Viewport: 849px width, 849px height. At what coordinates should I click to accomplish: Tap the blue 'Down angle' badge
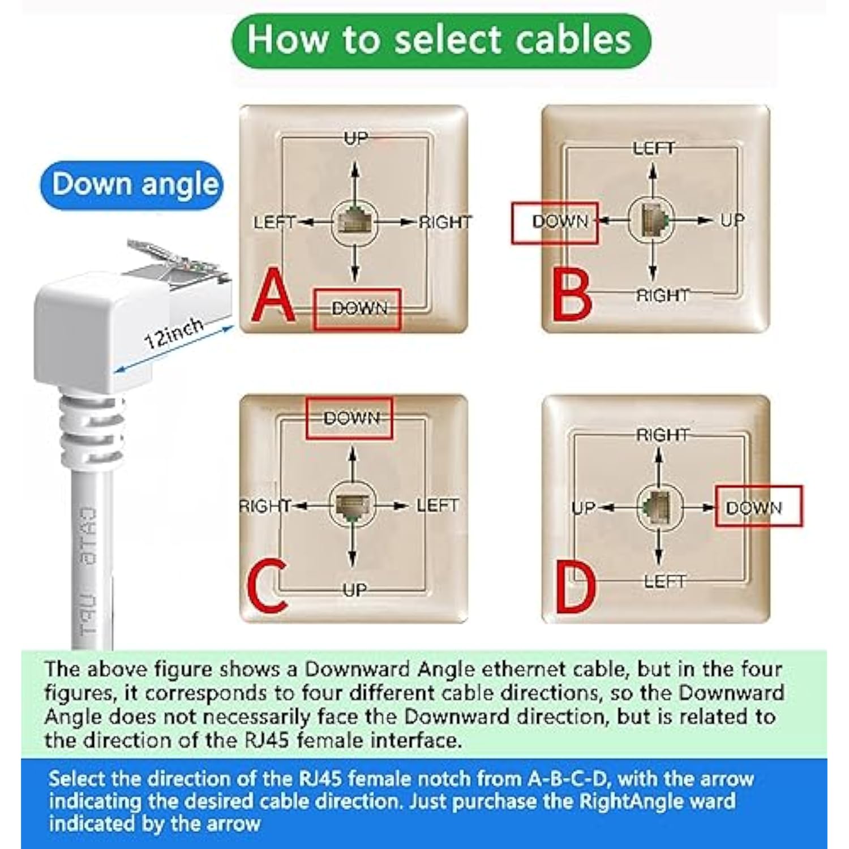[132, 185]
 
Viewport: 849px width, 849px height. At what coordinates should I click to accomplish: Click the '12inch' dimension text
[173, 333]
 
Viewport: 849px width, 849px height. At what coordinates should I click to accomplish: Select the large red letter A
[273, 295]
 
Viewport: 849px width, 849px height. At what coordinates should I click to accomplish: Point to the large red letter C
[267, 586]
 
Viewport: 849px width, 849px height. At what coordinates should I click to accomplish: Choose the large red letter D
[576, 589]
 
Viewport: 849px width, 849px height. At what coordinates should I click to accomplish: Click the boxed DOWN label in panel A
[358, 309]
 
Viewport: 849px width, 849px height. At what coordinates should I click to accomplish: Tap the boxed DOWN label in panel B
[555, 222]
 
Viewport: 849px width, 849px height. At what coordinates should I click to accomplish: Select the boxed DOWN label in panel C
[349, 419]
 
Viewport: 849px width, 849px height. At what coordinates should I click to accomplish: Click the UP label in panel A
[355, 138]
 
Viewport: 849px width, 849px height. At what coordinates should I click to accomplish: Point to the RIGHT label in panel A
[445, 222]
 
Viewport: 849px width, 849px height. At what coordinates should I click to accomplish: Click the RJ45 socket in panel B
[653, 220]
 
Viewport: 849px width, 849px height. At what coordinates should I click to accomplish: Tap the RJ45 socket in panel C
[353, 505]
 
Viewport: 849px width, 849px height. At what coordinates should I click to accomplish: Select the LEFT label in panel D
[664, 581]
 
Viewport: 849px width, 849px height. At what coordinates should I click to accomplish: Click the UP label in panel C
[354, 590]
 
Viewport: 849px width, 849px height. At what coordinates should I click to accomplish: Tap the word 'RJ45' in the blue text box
[321, 779]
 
